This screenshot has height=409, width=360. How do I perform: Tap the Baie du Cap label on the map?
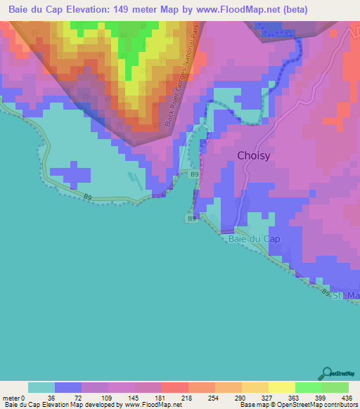tap(254, 239)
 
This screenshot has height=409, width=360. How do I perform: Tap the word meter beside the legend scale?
tap(11, 397)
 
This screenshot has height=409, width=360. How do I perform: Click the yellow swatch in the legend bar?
tap(281, 387)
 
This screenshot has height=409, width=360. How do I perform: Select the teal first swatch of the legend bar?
tap(41, 387)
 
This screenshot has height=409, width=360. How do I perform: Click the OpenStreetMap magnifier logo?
tap(327, 374)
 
